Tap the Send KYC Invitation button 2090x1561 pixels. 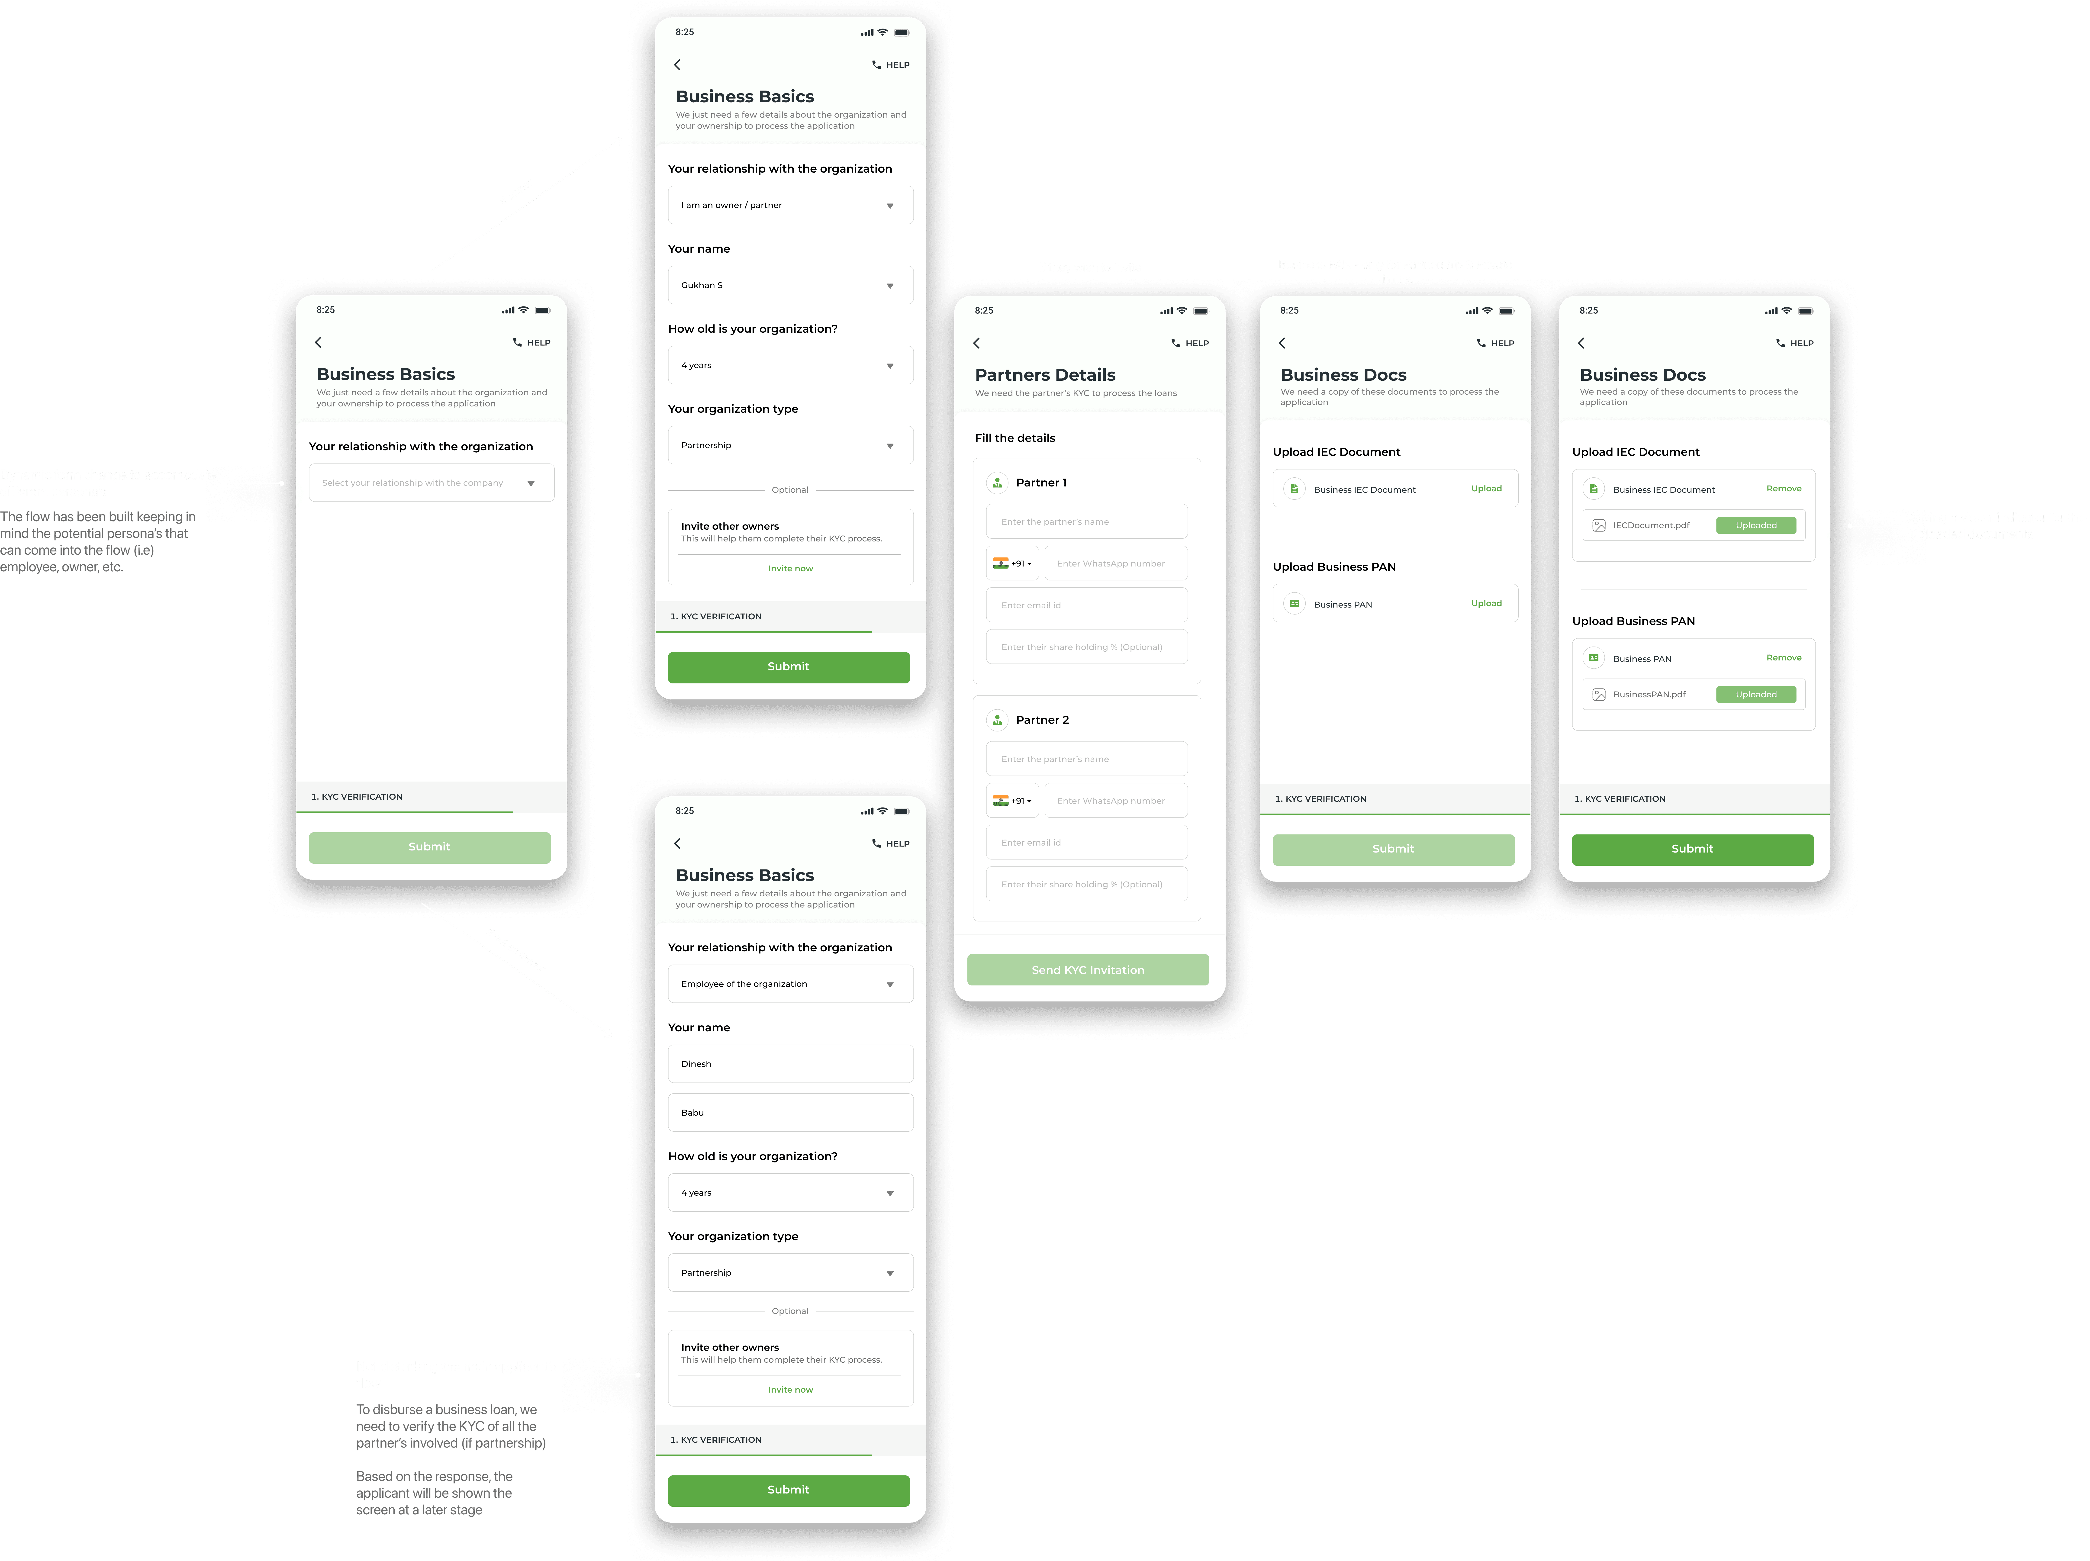pos(1088,969)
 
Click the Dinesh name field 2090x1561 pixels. pos(790,1064)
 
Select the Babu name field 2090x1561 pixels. pos(790,1112)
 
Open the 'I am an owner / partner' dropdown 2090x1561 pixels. pos(790,205)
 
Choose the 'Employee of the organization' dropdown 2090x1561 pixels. pos(790,984)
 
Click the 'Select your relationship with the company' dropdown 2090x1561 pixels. pos(431,483)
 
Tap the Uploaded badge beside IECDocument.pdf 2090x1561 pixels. pos(1755,525)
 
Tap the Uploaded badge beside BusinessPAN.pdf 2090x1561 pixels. pos(1755,695)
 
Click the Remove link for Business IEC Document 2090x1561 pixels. pos(1783,489)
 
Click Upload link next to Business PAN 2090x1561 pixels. pos(1485,603)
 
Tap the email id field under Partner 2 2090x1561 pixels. pos(1087,842)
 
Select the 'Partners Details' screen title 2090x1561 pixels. pos(1045,375)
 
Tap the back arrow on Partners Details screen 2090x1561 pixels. pos(977,343)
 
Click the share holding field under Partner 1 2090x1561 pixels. pos(1087,647)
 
